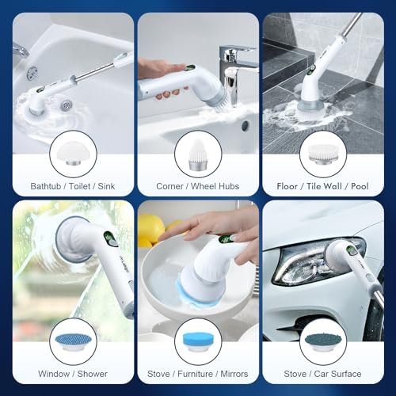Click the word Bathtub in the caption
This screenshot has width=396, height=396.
(46, 186)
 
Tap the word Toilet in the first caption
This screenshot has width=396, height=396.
(79, 186)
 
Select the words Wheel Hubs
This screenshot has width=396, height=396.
(215, 186)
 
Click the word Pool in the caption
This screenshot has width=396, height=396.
(360, 186)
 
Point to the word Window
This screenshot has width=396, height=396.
(54, 374)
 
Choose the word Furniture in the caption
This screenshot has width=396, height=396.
(195, 374)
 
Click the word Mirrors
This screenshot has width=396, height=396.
(234, 374)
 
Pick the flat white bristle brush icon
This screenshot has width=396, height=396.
(323, 154)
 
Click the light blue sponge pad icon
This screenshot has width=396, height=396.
(198, 341)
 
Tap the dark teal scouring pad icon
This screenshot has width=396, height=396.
(323, 341)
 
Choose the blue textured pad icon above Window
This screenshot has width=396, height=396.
(73, 341)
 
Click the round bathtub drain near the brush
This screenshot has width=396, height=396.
(66, 105)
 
